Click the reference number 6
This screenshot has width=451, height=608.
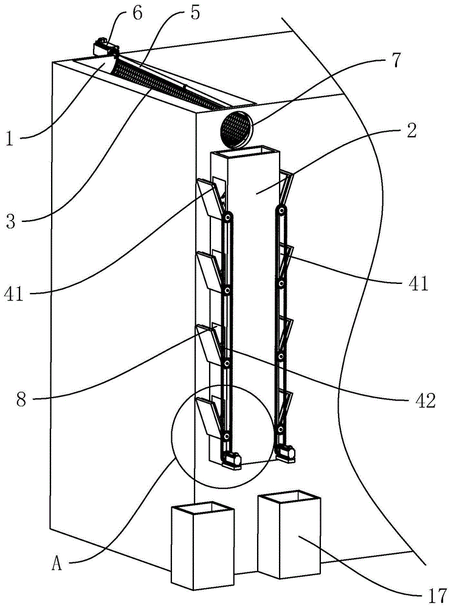click(137, 13)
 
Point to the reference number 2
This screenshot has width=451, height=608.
click(411, 130)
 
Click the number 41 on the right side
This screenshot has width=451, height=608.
click(418, 283)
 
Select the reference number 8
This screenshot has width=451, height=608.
click(21, 399)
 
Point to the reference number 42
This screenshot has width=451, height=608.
click(425, 401)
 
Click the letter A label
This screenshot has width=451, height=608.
click(57, 564)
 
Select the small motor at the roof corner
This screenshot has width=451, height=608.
click(104, 47)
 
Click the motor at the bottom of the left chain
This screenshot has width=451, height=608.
click(231, 460)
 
